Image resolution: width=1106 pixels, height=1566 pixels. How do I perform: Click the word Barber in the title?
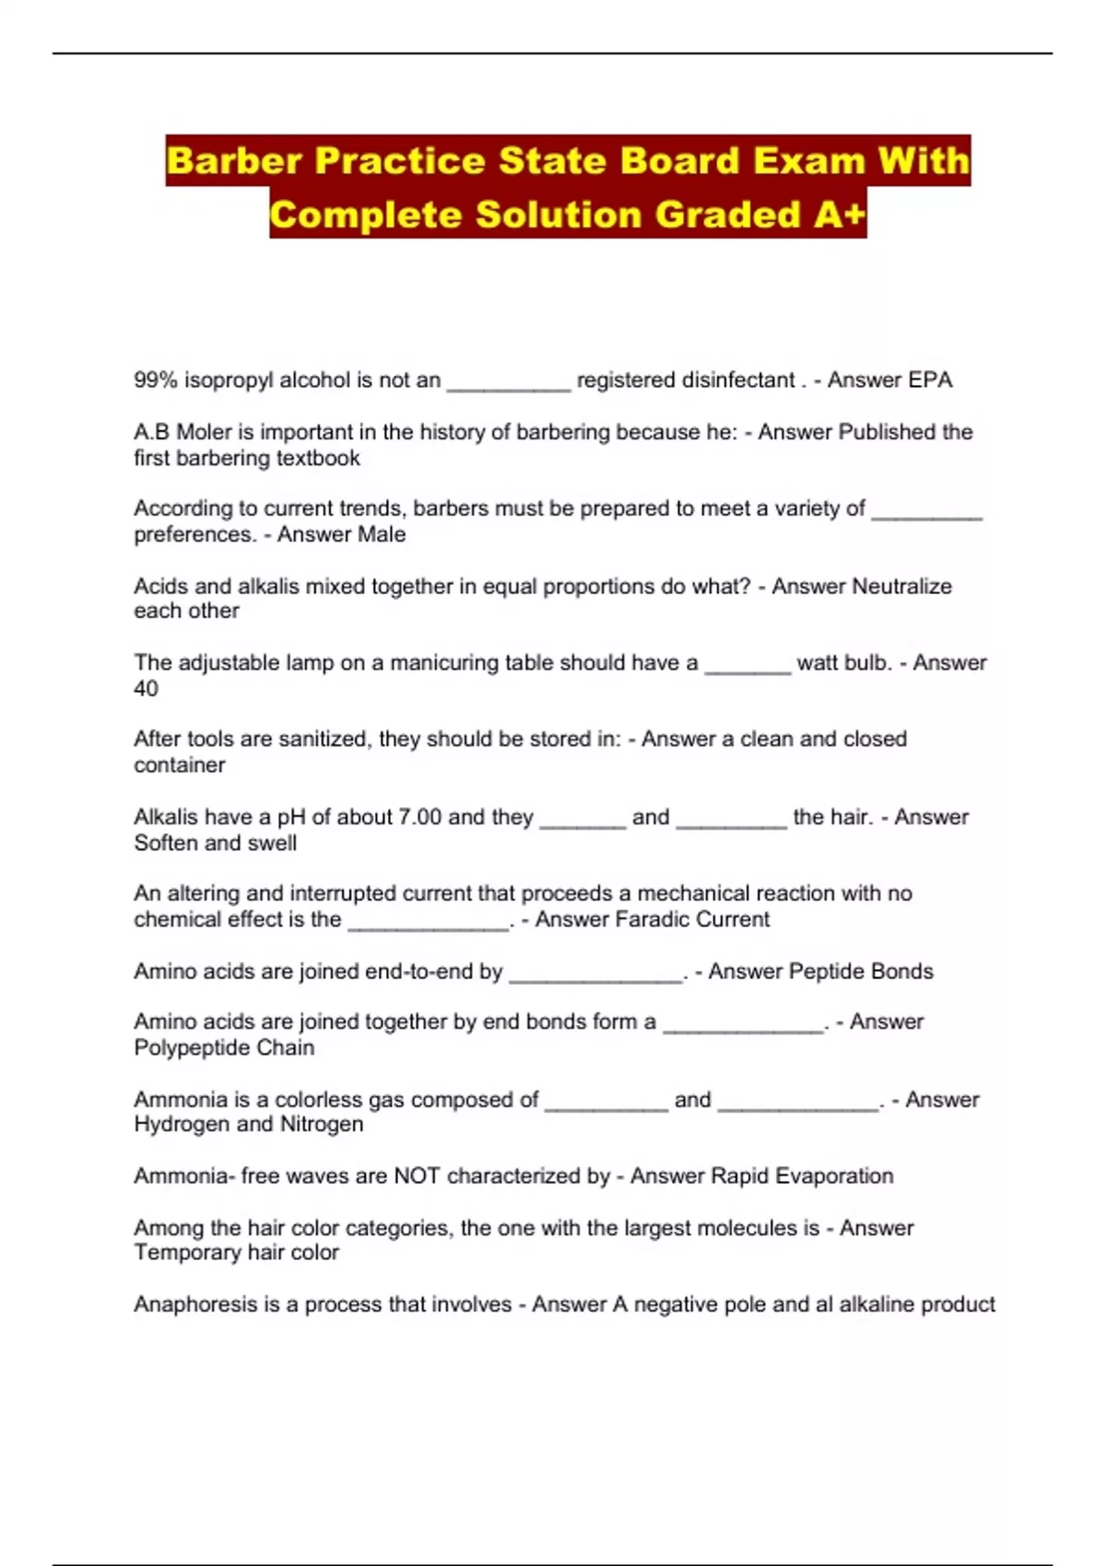point(235,161)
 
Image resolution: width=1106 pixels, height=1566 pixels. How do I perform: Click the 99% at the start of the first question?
point(156,380)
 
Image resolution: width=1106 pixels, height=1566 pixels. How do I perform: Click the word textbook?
point(322,458)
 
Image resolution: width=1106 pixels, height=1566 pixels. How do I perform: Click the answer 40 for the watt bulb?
point(146,688)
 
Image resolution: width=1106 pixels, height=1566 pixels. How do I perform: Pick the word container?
point(179,765)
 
